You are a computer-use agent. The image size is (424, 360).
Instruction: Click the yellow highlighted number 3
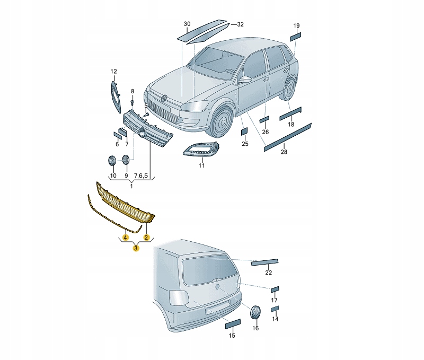(x=136, y=248)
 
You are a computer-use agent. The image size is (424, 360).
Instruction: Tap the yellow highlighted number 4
(x=125, y=238)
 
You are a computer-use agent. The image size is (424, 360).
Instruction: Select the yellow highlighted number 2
(x=146, y=238)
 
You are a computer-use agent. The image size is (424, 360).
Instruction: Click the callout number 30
(x=187, y=24)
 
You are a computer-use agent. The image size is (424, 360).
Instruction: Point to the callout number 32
(x=240, y=24)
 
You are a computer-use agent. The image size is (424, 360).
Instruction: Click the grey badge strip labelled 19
(x=296, y=37)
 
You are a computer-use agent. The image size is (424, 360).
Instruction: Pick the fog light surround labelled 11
(x=201, y=150)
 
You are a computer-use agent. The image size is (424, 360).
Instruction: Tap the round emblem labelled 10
(x=112, y=161)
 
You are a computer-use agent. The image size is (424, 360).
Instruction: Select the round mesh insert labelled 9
(x=126, y=160)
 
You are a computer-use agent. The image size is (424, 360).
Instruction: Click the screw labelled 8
(x=132, y=103)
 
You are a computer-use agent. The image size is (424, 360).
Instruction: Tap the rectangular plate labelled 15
(x=233, y=324)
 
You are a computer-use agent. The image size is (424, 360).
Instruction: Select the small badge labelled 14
(x=275, y=309)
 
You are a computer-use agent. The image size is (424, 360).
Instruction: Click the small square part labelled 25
(x=244, y=131)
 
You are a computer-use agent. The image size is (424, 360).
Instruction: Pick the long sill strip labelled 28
(x=288, y=137)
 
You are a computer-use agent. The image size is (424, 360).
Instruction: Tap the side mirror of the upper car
(x=245, y=79)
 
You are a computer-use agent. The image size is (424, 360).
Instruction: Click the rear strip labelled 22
(x=264, y=262)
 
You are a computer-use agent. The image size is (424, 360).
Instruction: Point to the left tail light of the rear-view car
(x=179, y=297)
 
